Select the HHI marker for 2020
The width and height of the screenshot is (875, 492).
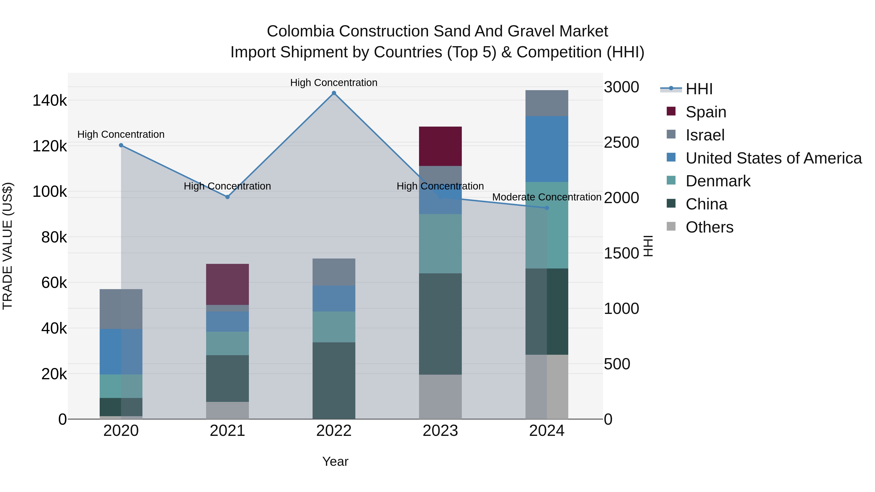tap(121, 145)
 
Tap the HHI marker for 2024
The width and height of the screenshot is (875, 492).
tap(547, 208)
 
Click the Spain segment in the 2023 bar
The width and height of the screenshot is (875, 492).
tap(440, 146)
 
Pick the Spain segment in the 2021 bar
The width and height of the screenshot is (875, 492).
tap(227, 284)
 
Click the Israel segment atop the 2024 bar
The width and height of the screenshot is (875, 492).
tap(547, 103)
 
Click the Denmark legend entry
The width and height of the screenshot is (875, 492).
tap(718, 181)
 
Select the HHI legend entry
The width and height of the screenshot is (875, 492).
tap(699, 89)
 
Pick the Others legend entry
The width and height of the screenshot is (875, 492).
tap(709, 227)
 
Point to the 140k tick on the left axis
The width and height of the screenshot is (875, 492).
tap(50, 101)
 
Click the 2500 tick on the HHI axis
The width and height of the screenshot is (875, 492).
tap(621, 143)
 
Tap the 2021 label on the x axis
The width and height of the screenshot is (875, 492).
tap(227, 431)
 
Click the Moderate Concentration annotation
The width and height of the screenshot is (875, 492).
tap(547, 197)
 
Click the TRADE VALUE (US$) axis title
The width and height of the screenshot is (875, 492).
tap(8, 246)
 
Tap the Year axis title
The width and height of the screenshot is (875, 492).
tap(335, 461)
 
